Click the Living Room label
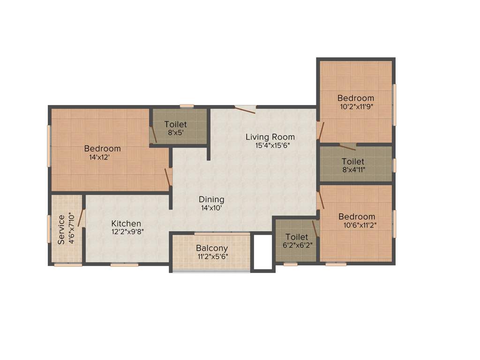tap(270, 137)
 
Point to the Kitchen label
tap(126, 224)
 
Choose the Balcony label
tap(212, 248)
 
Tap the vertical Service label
tap(61, 230)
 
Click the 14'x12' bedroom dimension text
tap(99, 157)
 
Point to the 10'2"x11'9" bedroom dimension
tap(356, 106)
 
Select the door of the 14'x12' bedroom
tap(168, 177)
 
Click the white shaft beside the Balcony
tap(262, 252)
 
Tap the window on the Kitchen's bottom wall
tap(124, 265)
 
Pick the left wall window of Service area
tap(49, 229)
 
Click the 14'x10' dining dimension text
tap(211, 207)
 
